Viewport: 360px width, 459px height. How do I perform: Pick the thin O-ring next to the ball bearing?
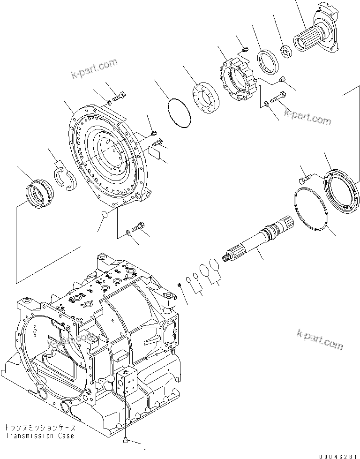[179, 114]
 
